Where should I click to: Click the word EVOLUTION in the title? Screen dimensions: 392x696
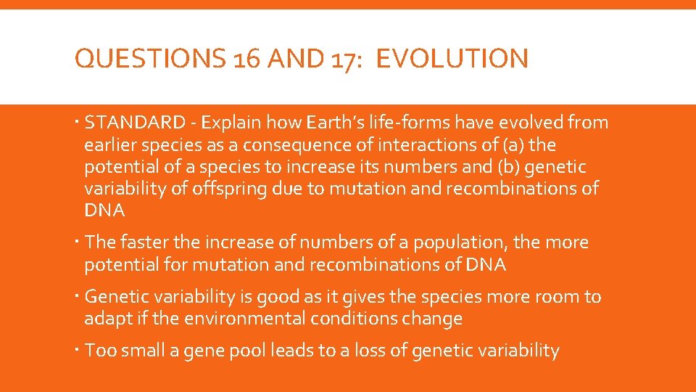(452, 59)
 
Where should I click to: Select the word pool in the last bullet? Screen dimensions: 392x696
(248, 351)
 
